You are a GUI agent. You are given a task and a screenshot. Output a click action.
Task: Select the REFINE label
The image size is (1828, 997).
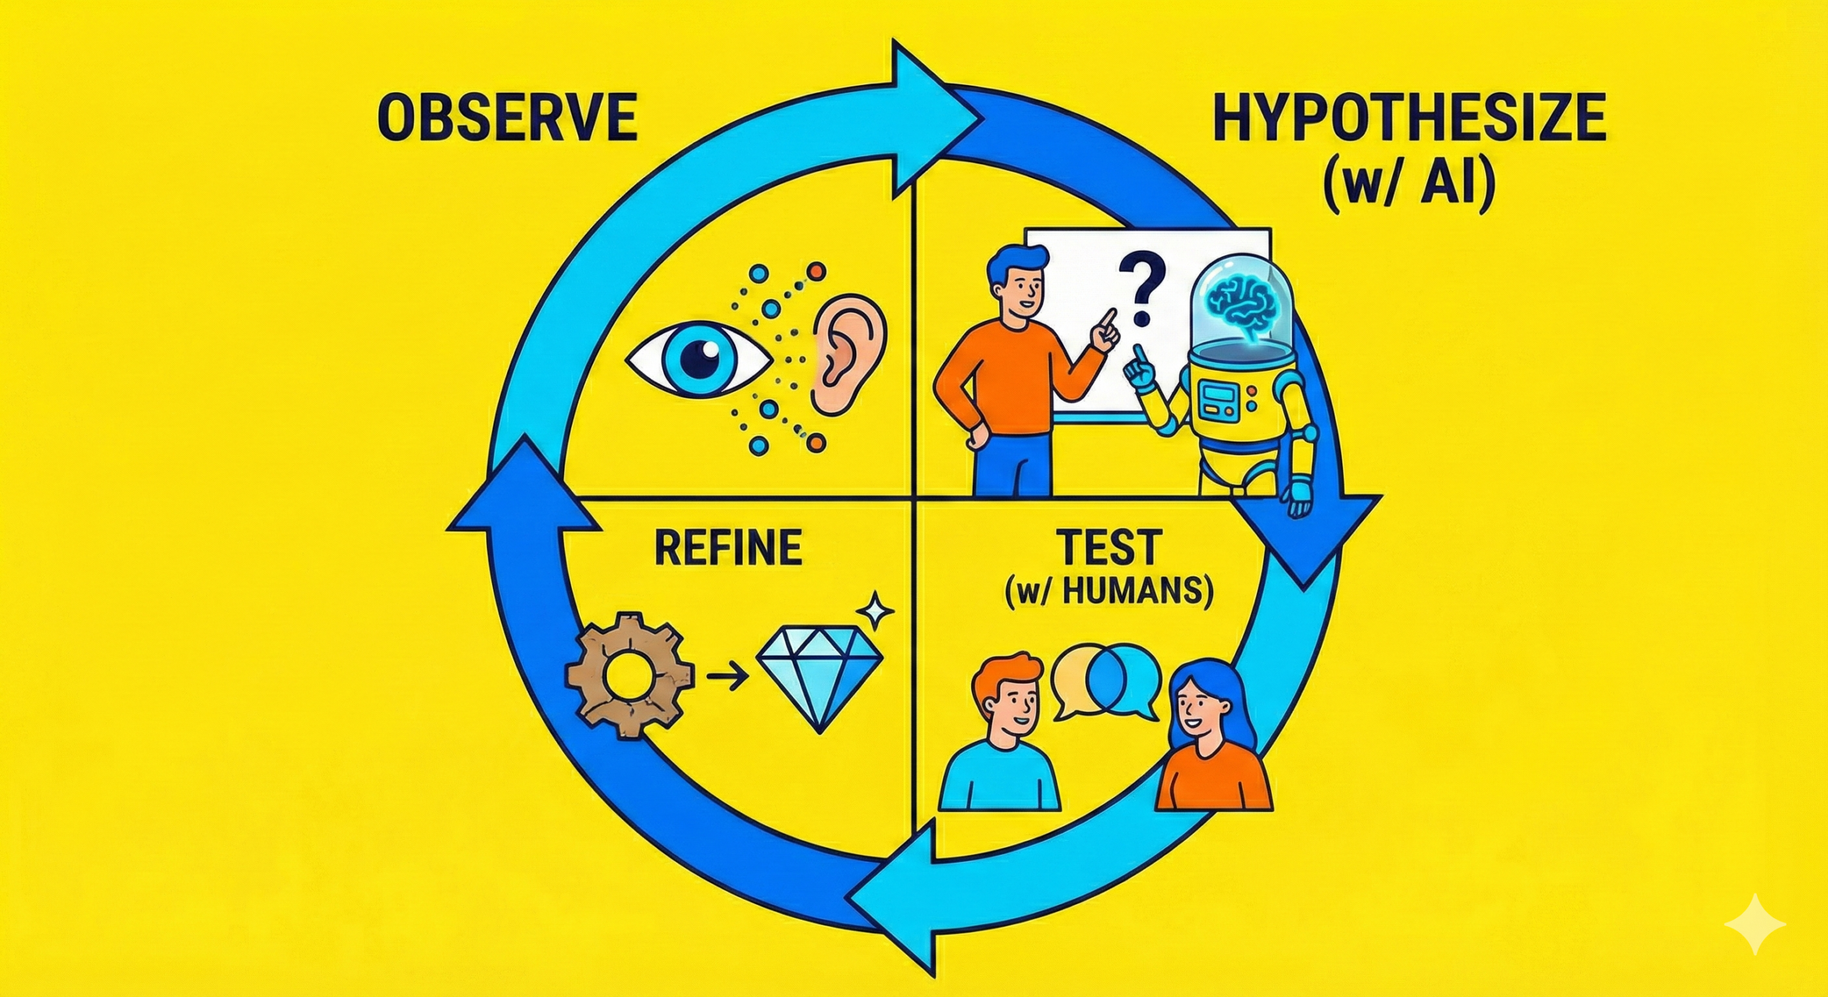pos(729,548)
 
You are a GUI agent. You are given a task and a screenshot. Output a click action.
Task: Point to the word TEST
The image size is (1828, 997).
pos(1110,548)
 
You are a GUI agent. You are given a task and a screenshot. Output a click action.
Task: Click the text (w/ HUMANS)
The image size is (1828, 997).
pos(1110,594)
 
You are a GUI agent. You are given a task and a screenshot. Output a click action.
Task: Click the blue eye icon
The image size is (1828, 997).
pos(698,357)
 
